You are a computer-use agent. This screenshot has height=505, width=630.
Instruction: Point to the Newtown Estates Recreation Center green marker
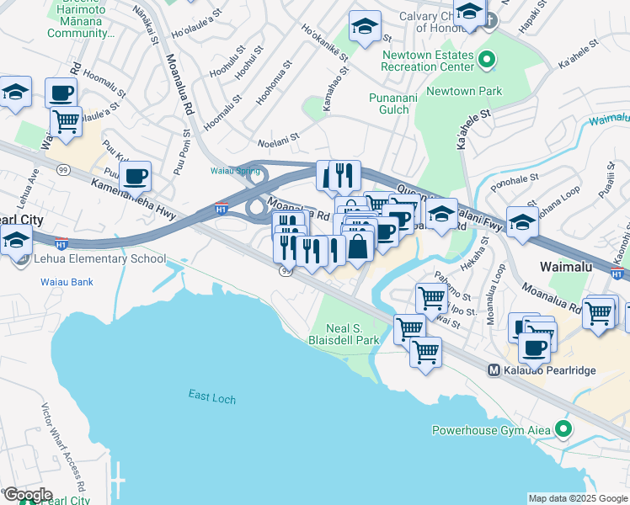(486, 61)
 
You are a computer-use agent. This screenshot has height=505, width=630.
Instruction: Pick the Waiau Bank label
(67, 282)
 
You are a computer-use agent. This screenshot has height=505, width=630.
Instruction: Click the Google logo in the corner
(27, 495)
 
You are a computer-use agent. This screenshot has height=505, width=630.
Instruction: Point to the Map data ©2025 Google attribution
(577, 498)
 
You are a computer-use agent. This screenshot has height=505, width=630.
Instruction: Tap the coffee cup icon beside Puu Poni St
(135, 176)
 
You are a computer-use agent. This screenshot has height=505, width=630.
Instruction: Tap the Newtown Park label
(463, 91)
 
